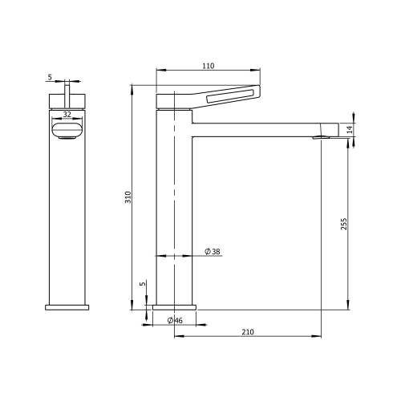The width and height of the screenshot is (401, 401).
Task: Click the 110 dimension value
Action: (209, 66)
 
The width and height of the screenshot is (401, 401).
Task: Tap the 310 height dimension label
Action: (128, 197)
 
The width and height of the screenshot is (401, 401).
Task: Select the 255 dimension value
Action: (344, 224)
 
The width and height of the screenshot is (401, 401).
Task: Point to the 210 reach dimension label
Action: (248, 332)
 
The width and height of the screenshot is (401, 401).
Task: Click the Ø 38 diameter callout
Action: (213, 252)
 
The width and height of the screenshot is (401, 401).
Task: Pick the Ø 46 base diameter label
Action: (175, 320)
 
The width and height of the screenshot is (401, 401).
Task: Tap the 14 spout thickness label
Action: (350, 130)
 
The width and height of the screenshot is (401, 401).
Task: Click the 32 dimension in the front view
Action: (67, 115)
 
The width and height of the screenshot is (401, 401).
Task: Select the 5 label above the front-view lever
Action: (50, 77)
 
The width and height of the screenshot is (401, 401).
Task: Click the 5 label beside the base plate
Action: (144, 283)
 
